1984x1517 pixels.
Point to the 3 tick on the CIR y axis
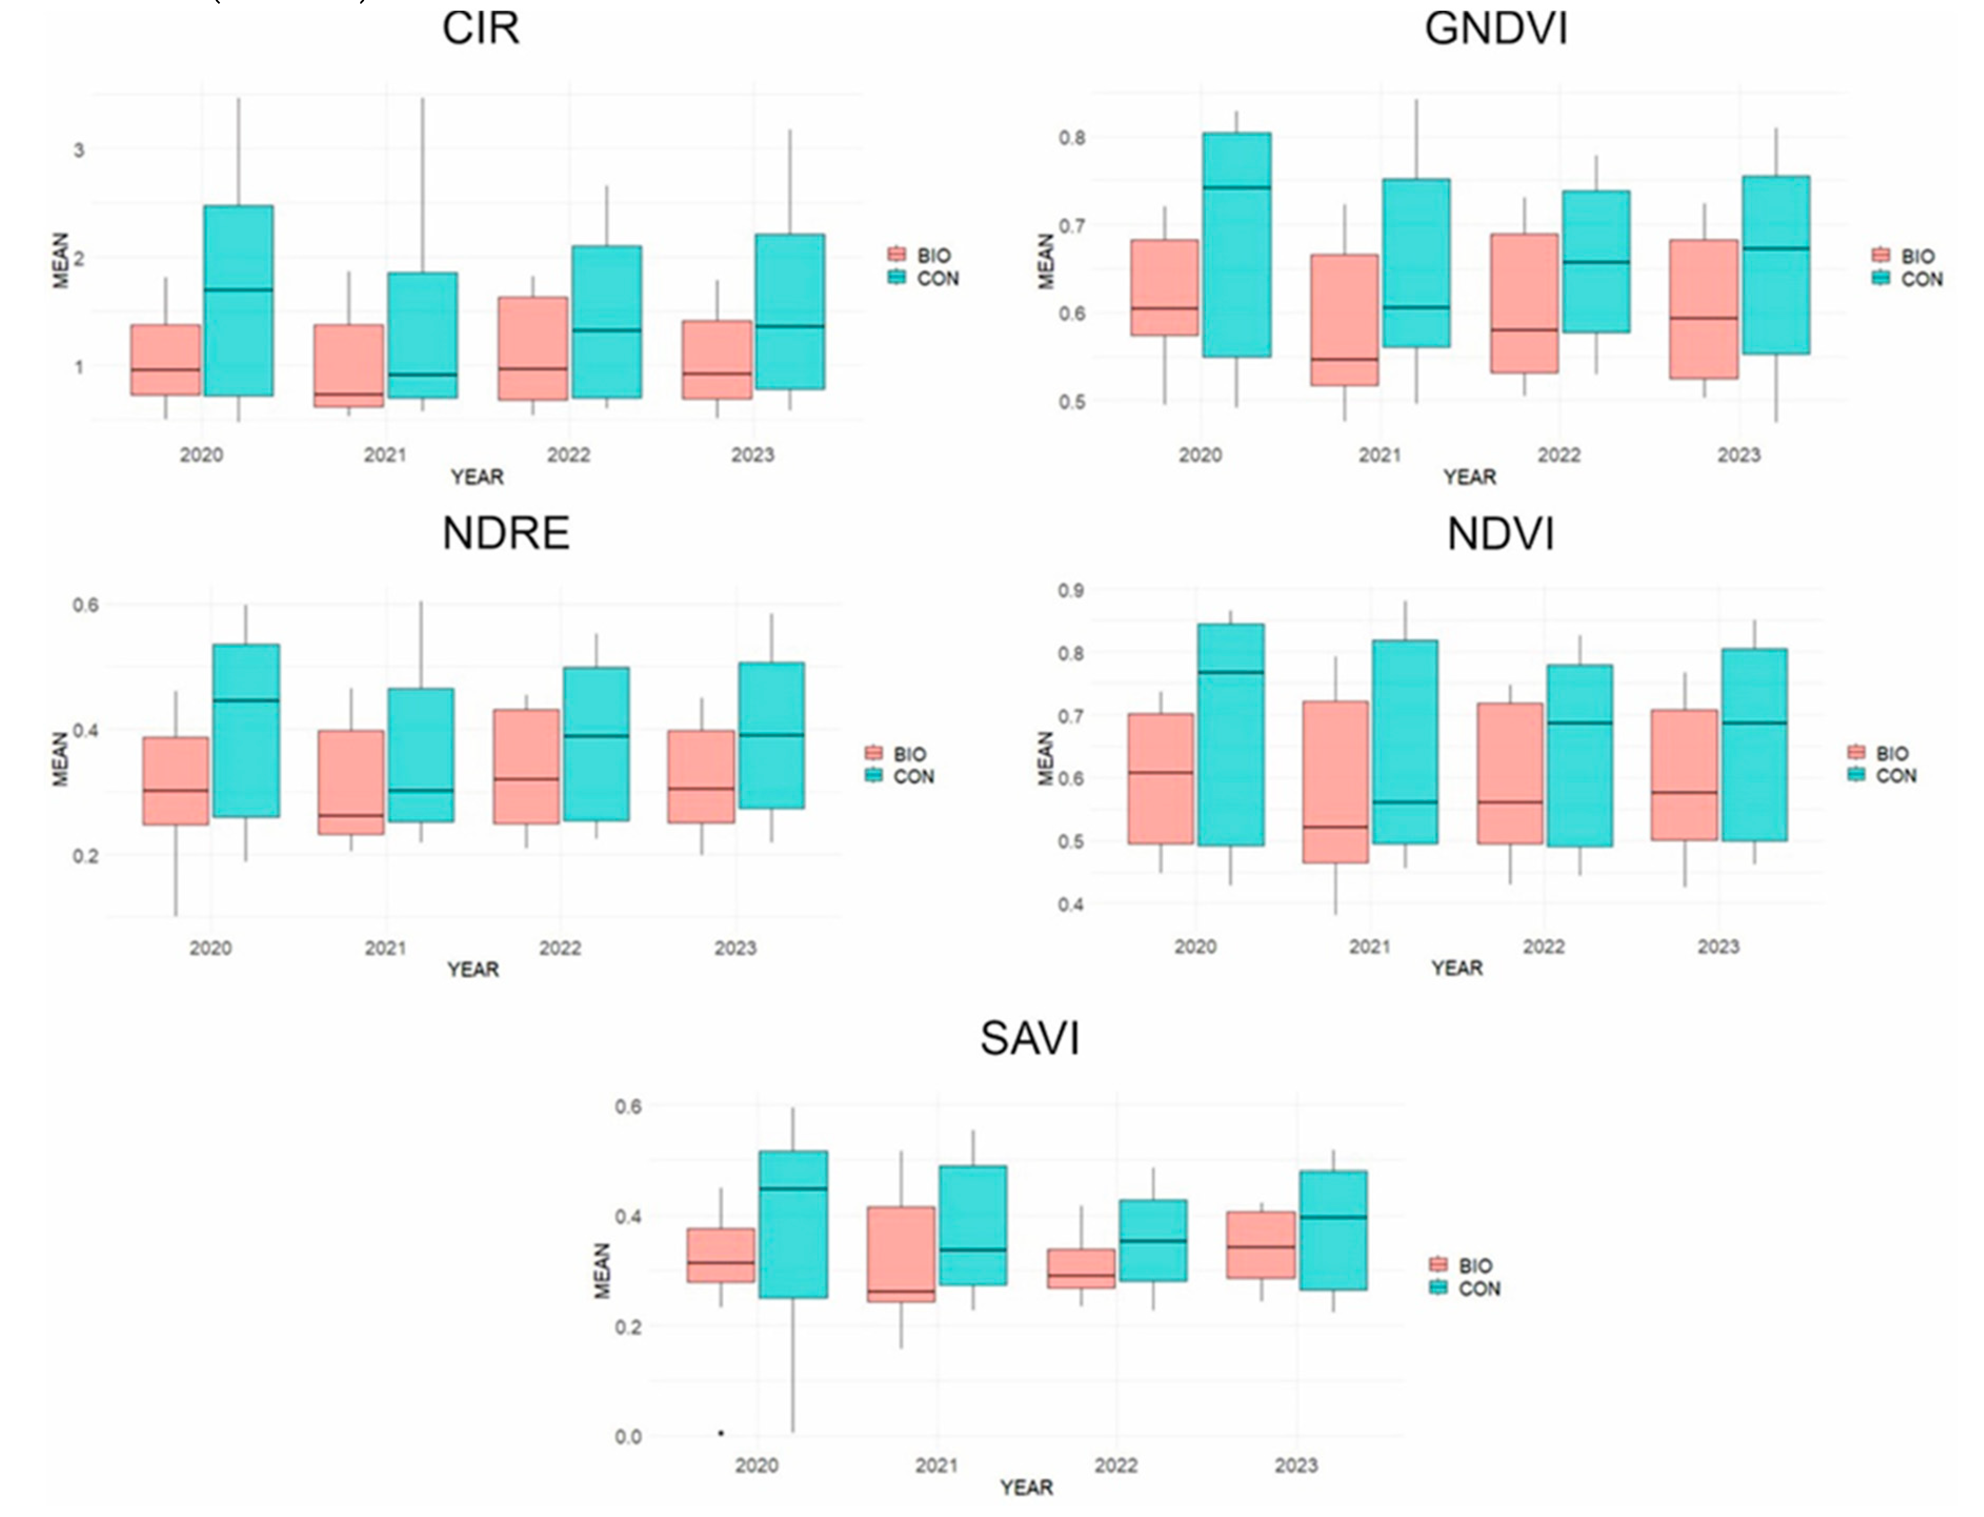tap(78, 150)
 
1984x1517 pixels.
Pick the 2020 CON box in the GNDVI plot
tap(1236, 245)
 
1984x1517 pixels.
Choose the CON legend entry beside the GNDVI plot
tap(1907, 279)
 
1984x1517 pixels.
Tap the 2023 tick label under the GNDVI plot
tap(1738, 455)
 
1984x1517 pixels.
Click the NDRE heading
tap(506, 534)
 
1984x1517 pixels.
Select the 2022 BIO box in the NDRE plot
tap(526, 767)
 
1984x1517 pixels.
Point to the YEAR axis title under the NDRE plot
tap(473, 970)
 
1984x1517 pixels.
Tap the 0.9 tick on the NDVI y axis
tap(1071, 590)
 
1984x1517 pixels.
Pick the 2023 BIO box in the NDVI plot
tap(1684, 775)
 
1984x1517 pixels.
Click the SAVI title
tap(1029, 1038)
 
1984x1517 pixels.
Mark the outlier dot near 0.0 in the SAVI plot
tap(720, 1433)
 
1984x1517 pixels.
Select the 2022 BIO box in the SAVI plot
tap(1081, 1269)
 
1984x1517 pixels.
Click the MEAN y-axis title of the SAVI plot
tap(602, 1271)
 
